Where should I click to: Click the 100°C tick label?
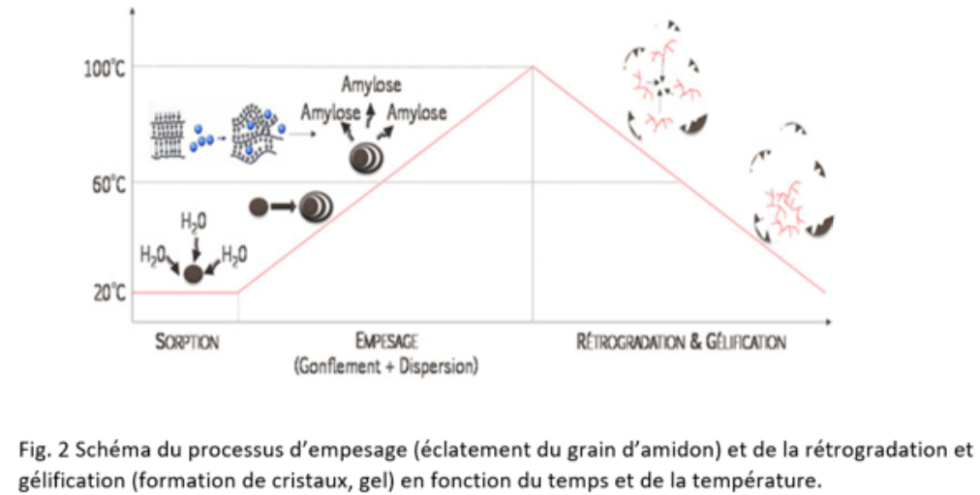pyautogui.click(x=103, y=68)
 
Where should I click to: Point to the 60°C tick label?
pyautogui.click(x=107, y=183)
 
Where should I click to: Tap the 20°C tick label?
pyautogui.click(x=107, y=293)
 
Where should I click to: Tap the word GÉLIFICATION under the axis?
pyautogui.click(x=745, y=342)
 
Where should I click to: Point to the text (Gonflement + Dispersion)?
pyautogui.click(x=388, y=367)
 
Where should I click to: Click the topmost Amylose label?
pyautogui.click(x=371, y=86)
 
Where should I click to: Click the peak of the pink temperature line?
pyautogui.click(x=533, y=67)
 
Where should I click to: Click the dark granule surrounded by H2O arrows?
pyautogui.click(x=194, y=273)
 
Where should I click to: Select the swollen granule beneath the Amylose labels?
pyautogui.click(x=364, y=157)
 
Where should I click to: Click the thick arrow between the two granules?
pyautogui.click(x=284, y=205)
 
